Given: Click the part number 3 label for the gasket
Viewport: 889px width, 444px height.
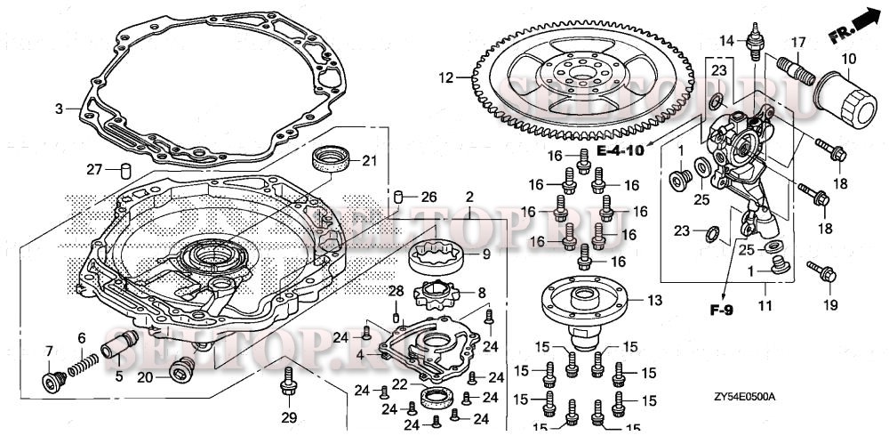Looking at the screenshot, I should pos(59,109).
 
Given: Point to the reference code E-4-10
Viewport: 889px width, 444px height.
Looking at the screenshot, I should pos(620,150).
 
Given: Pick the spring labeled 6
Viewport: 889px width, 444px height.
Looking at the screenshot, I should pos(81,359).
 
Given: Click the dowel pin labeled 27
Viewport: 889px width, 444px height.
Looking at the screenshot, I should pos(126,170).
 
